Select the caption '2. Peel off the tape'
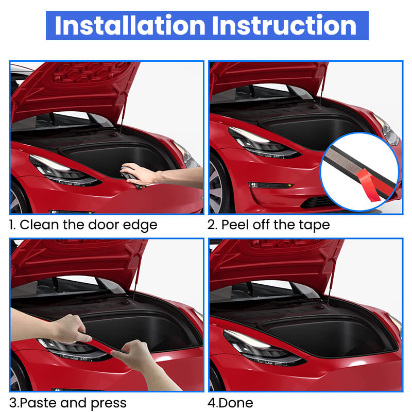pos(268,225)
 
